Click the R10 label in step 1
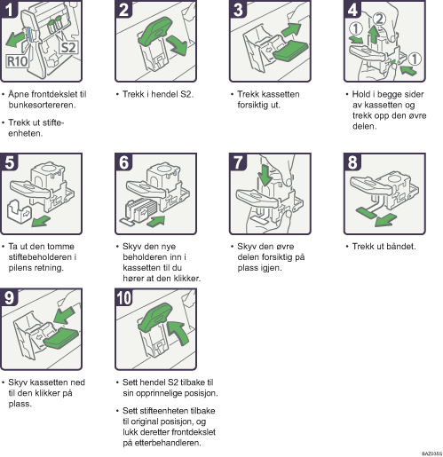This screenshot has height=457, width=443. click(x=18, y=61)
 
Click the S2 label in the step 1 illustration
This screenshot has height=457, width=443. click(x=68, y=47)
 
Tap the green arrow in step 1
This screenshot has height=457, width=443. click(x=15, y=39)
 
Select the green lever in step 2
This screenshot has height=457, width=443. click(x=155, y=30)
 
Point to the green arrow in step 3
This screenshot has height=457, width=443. click(x=291, y=30)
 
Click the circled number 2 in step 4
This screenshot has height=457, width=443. click(x=379, y=19)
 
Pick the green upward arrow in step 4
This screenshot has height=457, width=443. click(x=374, y=35)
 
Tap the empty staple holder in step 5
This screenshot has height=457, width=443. click(x=19, y=213)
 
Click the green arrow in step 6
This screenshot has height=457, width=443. click(x=156, y=221)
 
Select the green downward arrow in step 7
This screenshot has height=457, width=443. click(x=265, y=175)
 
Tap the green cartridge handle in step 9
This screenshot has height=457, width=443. click(x=61, y=337)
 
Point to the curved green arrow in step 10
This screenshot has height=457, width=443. click(x=179, y=332)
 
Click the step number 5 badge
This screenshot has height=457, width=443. click(x=10, y=162)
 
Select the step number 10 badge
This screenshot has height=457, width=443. click(x=124, y=297)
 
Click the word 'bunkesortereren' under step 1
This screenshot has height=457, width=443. click(x=42, y=105)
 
